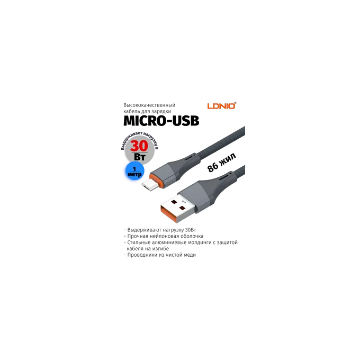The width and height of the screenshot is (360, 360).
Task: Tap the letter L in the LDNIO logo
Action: [x=209, y=106]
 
